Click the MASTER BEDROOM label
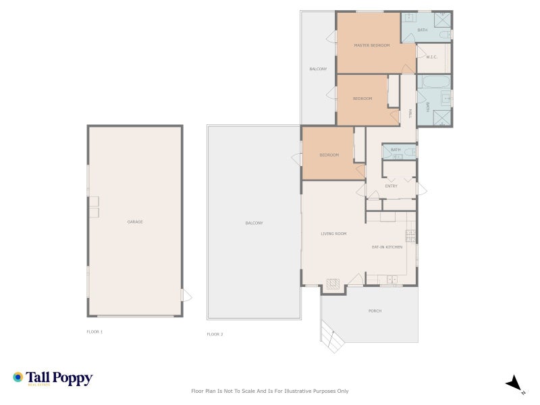coord(373,45)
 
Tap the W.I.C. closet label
coord(432,57)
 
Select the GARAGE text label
coord(135,222)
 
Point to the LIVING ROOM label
coord(333,234)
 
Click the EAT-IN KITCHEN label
coord(387,247)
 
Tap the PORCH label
coord(375,311)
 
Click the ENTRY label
coord(391,186)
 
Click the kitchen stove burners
coord(410,236)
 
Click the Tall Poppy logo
coord(53,379)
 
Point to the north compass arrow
coord(514,383)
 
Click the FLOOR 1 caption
coord(94,332)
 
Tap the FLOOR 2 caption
coord(215,334)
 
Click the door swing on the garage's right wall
coord(187,296)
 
